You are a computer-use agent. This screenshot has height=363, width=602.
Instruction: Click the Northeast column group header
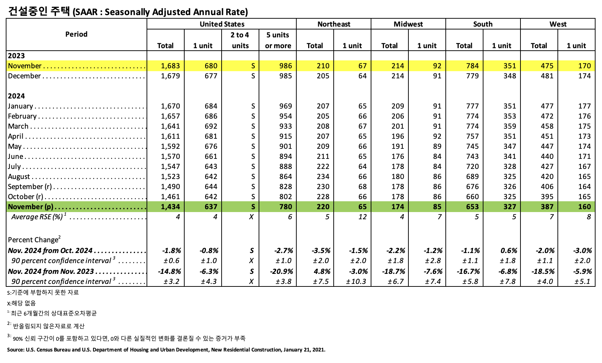334,24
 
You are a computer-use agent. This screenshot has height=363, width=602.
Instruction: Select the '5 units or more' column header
278,40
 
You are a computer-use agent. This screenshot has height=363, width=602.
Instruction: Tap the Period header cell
76,35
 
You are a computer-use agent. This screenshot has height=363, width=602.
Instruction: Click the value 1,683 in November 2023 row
170,66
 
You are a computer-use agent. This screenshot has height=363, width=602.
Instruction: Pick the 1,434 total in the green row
170,207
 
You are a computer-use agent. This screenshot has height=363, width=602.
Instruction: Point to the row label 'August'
19,176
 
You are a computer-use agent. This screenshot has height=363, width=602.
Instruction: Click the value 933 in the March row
286,126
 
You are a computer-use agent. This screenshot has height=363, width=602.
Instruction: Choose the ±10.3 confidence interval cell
356,281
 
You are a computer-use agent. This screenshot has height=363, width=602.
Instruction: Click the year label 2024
17,96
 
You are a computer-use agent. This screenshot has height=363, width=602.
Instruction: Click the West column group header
557,24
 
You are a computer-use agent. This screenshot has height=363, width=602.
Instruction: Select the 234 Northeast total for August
323,176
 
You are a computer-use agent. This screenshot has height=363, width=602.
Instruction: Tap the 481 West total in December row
547,76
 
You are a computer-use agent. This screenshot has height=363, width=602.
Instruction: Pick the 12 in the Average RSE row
362,217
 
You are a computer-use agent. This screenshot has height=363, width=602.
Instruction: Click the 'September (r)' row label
30,187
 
